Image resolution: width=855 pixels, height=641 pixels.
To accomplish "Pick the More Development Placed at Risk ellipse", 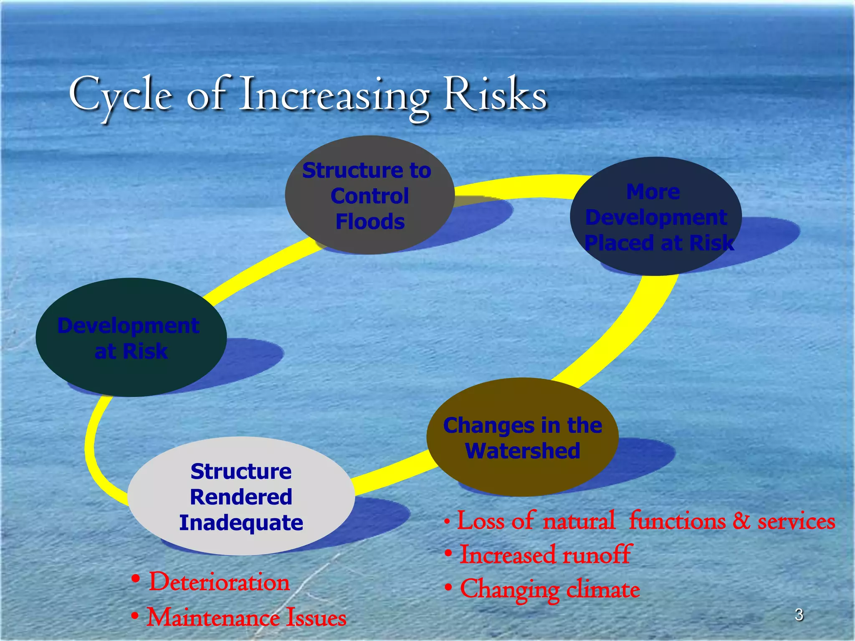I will [655, 217].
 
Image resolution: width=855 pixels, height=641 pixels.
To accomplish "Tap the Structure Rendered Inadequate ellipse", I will [241, 497].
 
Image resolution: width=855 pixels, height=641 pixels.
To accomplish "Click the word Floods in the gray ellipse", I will [370, 222].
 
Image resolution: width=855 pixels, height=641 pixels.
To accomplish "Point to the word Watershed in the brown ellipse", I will [522, 451].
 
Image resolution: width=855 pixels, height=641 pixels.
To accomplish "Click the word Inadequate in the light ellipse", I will [241, 523].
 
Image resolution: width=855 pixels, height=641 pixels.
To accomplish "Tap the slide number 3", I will [799, 615].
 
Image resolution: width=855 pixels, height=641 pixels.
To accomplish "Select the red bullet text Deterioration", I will [219, 582].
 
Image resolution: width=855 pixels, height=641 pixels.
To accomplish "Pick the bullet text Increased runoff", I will [545, 555].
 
